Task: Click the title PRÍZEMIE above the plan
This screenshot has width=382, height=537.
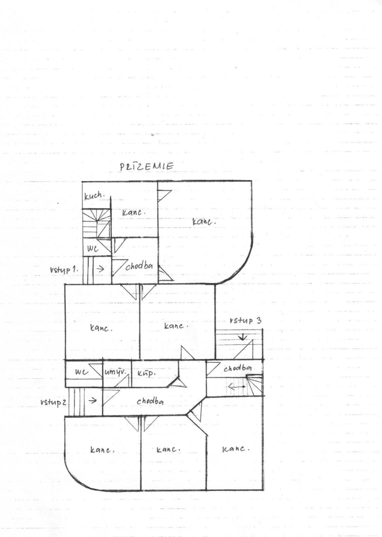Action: tap(146, 166)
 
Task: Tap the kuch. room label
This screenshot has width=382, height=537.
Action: tap(94, 196)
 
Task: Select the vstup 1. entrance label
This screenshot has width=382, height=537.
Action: tap(64, 270)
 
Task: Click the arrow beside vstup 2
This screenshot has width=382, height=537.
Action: tap(92, 400)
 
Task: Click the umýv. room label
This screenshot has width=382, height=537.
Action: tap(116, 372)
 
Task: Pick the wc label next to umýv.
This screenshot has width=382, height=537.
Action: tap(82, 372)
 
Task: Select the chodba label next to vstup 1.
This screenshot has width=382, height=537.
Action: tap(139, 266)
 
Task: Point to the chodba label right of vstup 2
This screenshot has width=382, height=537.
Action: tap(150, 401)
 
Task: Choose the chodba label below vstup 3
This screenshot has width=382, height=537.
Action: tap(238, 368)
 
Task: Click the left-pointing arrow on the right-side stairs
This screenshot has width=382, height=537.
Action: tap(236, 387)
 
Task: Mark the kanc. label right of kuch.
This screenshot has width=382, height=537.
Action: tap(134, 213)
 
